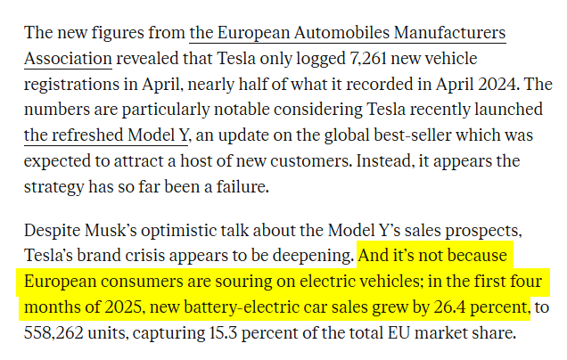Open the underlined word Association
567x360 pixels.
tap(69, 60)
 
